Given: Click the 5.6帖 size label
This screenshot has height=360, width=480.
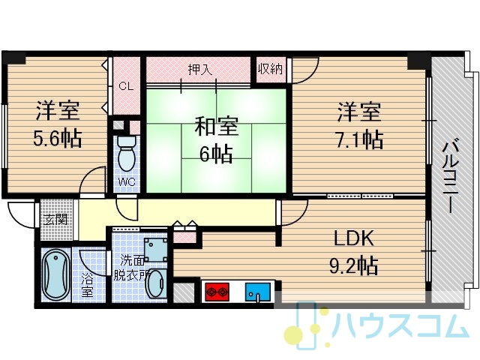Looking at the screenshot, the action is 58,139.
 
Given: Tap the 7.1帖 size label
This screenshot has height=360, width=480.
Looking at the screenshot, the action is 360,139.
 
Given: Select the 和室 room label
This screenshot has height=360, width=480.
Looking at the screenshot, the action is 217,127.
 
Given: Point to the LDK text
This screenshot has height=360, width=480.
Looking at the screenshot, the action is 354,238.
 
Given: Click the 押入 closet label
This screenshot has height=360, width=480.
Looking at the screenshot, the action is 200,70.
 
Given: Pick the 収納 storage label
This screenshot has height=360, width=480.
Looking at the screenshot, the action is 271,69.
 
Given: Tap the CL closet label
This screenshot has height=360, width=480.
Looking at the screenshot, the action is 126,86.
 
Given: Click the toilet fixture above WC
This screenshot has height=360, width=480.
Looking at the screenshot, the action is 127,153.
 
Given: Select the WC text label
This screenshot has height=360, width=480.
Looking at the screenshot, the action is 127,181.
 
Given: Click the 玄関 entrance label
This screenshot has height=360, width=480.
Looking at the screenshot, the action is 56,219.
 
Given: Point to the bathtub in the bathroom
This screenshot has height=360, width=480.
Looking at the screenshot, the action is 56,274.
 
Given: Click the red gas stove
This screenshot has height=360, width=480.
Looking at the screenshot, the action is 217,292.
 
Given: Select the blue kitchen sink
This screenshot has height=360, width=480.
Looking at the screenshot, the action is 257,292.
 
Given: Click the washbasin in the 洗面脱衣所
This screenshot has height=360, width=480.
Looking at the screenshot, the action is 157,284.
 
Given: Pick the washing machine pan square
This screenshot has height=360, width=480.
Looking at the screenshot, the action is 156,250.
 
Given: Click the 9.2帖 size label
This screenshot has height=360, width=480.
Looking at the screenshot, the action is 354,265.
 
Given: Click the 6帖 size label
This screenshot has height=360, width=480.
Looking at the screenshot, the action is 217,154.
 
